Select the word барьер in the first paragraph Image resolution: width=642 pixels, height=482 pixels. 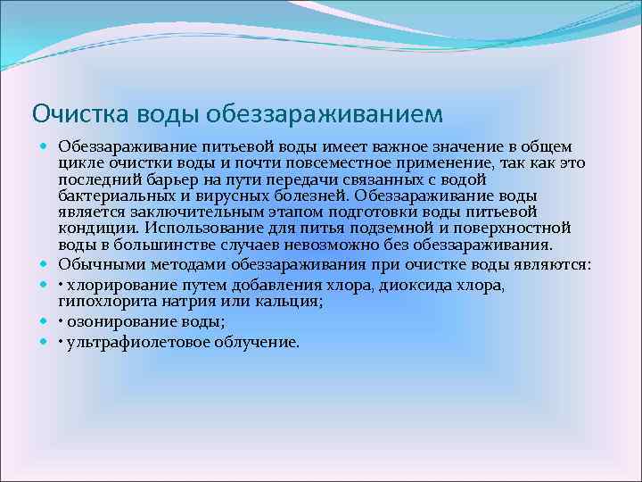162,179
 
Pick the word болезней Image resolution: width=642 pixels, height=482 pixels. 300,195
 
